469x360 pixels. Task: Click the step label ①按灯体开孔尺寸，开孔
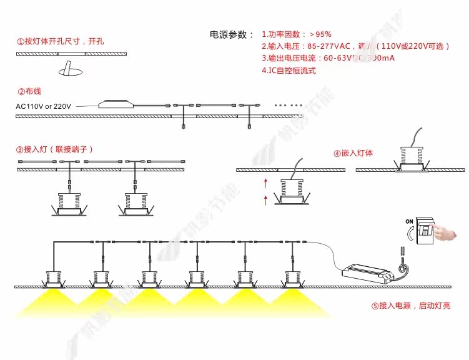(60, 41)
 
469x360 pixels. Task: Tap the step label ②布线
(29, 91)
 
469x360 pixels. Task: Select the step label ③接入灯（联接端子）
(55, 149)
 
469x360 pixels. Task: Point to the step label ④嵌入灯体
(353, 153)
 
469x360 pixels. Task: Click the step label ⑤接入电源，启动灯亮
(410, 306)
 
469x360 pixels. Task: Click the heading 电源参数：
(232, 34)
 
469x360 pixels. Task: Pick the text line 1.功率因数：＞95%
(297, 34)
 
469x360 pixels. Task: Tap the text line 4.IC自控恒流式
(289, 71)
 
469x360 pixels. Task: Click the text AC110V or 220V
(44, 106)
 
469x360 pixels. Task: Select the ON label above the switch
(410, 221)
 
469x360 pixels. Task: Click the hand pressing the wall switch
(444, 232)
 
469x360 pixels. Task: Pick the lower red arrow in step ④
(266, 200)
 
